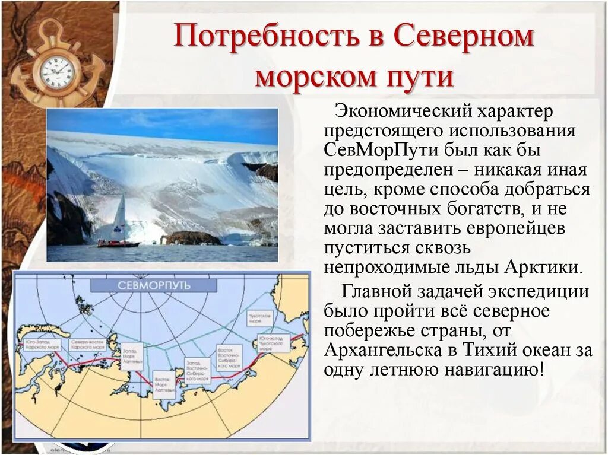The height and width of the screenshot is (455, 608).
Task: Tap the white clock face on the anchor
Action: coord(57,72)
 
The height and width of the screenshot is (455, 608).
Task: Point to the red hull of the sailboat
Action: coord(118,244)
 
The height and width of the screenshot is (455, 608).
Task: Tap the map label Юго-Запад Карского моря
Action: coord(40,344)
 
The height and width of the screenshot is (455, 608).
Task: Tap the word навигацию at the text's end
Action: coord(487,370)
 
